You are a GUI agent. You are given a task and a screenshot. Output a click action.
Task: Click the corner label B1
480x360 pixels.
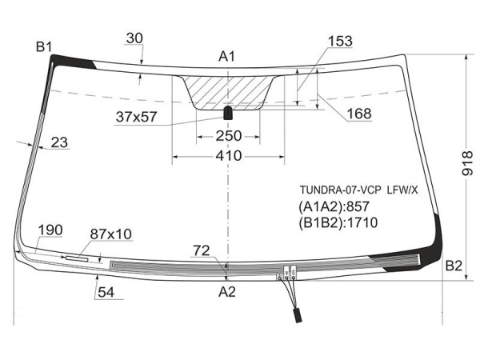coord(44,47)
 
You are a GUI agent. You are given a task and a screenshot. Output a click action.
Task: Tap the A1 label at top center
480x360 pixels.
coord(227,57)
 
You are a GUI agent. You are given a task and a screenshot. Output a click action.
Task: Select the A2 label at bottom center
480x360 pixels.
coord(227,292)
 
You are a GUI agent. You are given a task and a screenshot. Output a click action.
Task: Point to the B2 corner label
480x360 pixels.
coord(454,266)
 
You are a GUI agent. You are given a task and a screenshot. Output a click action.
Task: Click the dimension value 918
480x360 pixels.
coord(467,163)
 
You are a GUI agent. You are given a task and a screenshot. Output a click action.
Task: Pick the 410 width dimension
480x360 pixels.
coord(229,156)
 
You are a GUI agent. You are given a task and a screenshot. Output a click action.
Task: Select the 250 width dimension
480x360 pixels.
coord(229,136)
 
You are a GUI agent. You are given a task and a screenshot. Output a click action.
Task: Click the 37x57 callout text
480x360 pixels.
coord(137,117)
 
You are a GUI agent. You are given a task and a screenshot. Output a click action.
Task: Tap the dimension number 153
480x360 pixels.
coord(341,42)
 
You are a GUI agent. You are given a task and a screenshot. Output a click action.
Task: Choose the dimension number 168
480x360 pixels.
coord(359,114)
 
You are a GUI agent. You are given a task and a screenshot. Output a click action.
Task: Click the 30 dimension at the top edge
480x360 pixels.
coord(134,38)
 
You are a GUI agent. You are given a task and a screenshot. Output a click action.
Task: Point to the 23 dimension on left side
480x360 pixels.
coord(59,142)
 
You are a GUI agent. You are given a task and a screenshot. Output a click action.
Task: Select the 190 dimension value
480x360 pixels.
coord(50,230)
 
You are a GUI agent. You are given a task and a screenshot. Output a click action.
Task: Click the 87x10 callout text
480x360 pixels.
coord(111,234)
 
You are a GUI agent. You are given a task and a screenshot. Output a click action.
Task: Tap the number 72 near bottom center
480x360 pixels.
coord(202,251)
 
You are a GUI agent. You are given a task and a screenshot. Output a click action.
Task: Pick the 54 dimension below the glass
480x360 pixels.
coord(106,292)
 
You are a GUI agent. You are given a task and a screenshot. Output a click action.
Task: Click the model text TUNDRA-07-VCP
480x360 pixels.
coord(341,190)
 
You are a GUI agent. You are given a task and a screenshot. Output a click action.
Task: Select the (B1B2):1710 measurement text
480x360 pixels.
coord(338,223)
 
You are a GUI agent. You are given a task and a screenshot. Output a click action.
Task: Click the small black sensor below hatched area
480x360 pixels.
coord(228,113)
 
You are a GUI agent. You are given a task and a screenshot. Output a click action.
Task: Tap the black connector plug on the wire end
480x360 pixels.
coord(298,316)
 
